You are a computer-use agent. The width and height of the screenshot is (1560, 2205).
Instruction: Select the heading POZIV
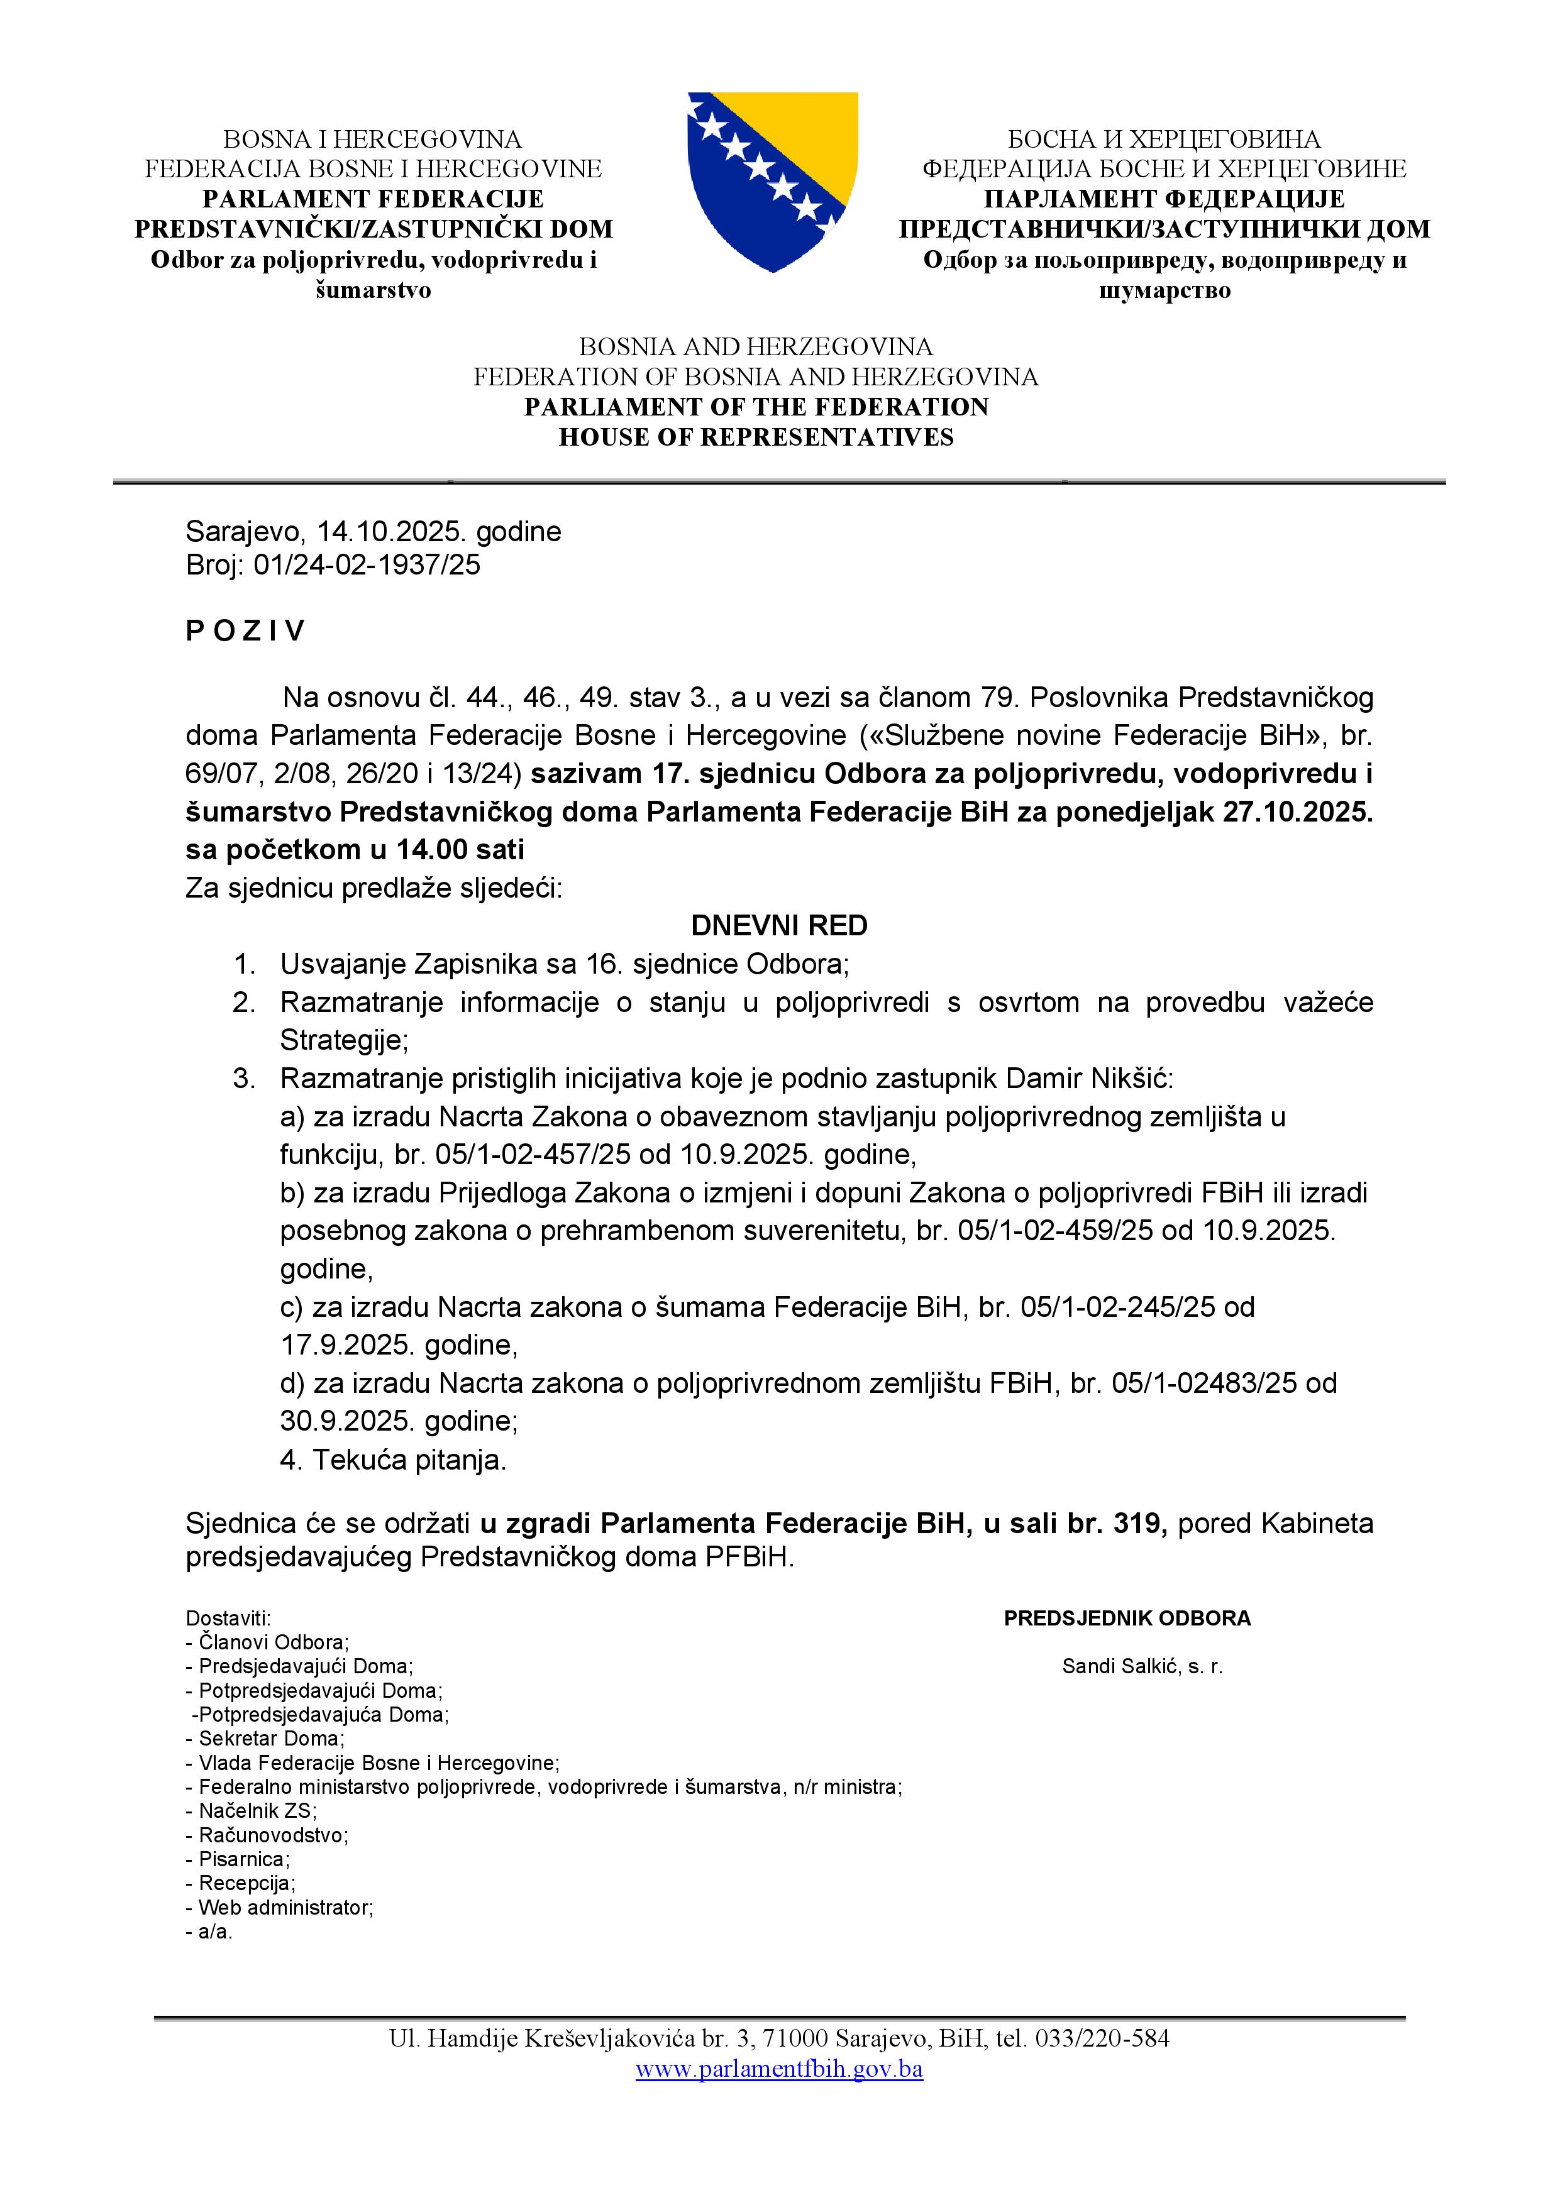pyautogui.click(x=245, y=631)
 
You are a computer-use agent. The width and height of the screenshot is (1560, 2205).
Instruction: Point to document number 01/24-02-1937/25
pyautogui.click(x=366, y=564)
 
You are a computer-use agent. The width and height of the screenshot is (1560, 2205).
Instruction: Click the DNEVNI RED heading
pyautogui.click(x=779, y=926)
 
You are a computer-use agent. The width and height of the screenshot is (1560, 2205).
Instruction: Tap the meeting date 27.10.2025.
pyautogui.click(x=1298, y=813)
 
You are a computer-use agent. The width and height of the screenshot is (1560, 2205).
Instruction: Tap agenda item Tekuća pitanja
pyautogui.click(x=408, y=1460)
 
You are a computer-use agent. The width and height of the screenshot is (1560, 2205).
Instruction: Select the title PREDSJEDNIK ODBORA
pyautogui.click(x=1127, y=1618)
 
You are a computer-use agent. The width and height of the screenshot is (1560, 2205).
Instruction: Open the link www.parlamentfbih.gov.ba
pyautogui.click(x=779, y=2069)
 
